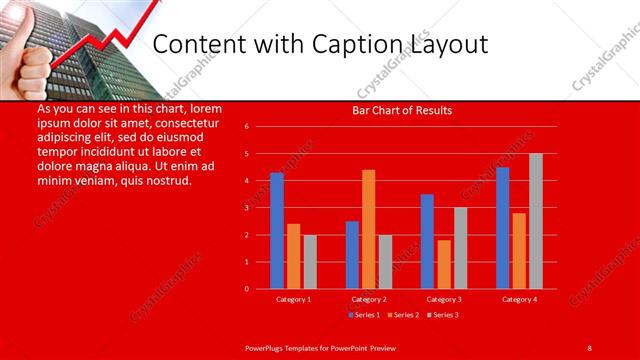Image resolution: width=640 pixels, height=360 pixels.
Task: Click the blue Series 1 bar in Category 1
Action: (x=277, y=231)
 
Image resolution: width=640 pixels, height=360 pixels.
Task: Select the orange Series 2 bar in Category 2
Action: (x=368, y=229)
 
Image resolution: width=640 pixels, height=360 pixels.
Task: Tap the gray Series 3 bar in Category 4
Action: (x=535, y=221)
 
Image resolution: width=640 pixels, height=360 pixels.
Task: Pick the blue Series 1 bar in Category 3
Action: (x=427, y=241)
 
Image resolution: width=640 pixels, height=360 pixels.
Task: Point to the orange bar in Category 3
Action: (x=443, y=264)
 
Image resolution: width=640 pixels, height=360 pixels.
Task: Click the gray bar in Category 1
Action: (x=310, y=262)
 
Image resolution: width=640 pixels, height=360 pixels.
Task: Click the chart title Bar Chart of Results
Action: (x=402, y=111)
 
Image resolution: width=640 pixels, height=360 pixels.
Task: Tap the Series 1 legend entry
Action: (x=362, y=315)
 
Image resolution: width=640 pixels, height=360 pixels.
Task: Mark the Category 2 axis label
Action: (x=369, y=299)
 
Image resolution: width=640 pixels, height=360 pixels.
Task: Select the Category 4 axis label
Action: (x=519, y=299)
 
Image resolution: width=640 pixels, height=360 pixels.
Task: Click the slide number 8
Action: (x=590, y=347)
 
